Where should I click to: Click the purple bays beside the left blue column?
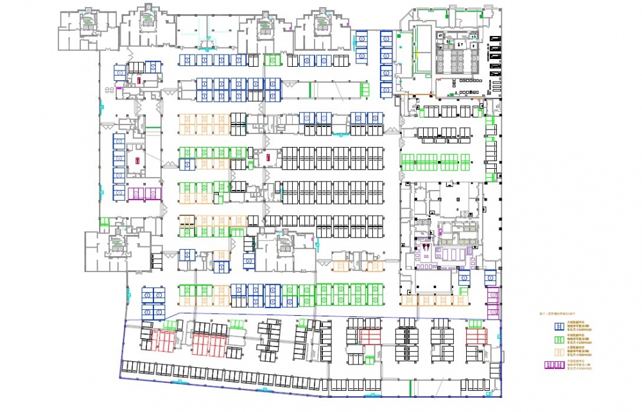click(144, 194)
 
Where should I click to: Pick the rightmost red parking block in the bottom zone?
click(476, 337)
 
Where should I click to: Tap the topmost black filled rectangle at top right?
click(494, 40)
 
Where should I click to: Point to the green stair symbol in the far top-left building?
click(85, 21)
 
